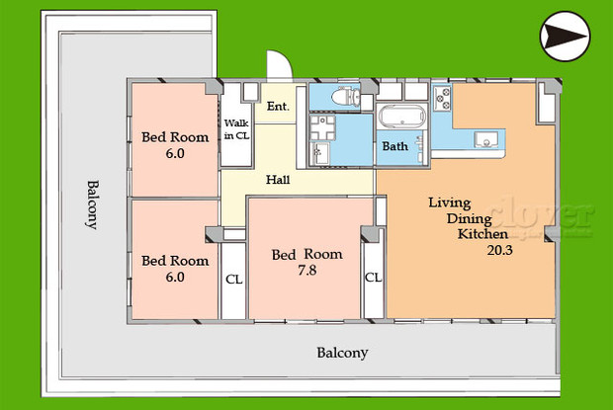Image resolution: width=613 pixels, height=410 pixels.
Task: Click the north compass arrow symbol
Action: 565,37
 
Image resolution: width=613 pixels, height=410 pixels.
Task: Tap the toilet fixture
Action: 345,97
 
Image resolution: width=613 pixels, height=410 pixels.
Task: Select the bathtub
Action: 401,117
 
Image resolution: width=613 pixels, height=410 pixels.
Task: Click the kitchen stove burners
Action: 442,99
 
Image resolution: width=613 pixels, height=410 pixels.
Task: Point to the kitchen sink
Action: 485,139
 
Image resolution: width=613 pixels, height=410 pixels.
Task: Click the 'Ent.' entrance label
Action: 278,107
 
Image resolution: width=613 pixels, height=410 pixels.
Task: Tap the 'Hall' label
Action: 278,180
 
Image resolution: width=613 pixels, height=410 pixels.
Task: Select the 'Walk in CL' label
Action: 236,129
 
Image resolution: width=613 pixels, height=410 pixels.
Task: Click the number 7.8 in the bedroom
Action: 306,271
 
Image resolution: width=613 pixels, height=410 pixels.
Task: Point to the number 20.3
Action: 499,250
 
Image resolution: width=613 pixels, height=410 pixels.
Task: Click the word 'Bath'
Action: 394,146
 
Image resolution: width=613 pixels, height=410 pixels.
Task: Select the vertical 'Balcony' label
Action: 93,205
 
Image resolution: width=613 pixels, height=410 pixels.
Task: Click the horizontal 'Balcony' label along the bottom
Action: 342,353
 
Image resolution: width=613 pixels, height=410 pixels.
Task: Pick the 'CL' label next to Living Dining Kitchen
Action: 373,278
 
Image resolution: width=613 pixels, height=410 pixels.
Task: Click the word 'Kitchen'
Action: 482,234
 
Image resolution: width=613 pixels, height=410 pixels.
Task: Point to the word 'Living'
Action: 450,204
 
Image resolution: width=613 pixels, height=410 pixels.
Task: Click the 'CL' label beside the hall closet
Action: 233,280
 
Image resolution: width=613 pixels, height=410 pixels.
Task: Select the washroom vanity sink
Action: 320,153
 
